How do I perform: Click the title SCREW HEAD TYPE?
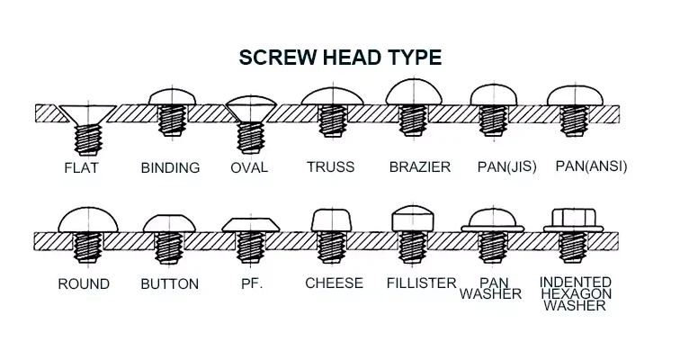340,58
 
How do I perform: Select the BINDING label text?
170,167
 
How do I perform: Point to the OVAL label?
249,167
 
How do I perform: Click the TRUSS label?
330,166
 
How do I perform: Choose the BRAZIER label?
414,166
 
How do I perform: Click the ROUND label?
84,283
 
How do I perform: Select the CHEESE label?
334,283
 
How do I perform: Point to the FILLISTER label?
421,283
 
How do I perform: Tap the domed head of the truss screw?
334,95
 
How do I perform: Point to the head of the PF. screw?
248,224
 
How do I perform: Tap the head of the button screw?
167,222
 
